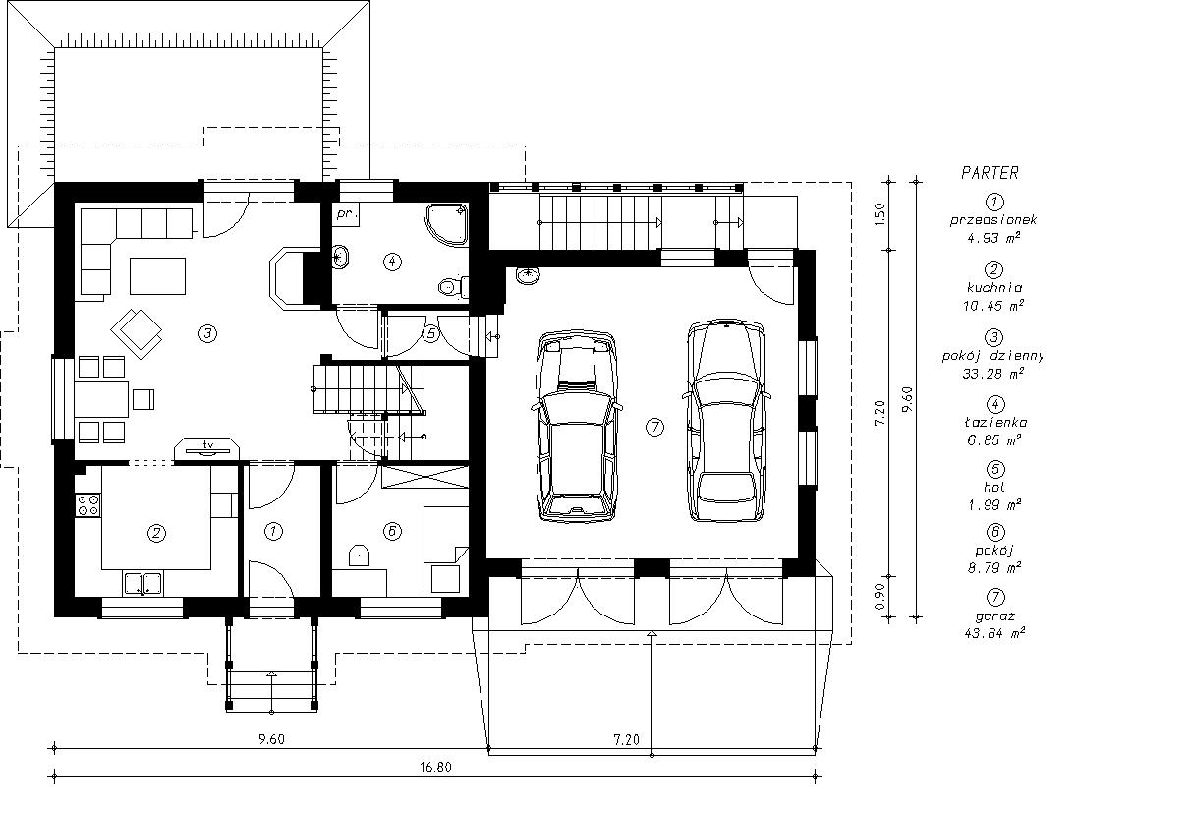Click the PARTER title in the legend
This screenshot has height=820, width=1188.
[990, 173]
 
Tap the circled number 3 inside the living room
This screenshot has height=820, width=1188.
[207, 334]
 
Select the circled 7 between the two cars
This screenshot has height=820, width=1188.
[655, 427]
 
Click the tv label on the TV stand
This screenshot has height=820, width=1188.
[208, 443]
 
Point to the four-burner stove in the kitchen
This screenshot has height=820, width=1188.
[88, 504]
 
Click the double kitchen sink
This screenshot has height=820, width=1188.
[143, 583]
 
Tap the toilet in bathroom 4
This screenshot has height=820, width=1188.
[453, 286]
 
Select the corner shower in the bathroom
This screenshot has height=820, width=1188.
[446, 224]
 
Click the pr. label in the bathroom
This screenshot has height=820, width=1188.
[348, 214]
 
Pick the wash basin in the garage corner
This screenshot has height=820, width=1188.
[528, 275]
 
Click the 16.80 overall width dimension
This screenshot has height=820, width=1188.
[435, 768]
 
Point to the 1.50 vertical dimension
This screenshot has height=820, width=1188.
[879, 214]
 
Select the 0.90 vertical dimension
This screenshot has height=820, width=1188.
[879, 597]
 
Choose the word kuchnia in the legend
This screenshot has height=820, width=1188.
[993, 288]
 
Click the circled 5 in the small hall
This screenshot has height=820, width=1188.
[430, 334]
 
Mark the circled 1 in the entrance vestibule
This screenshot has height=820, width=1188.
[274, 531]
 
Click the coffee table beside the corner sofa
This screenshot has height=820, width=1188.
[157, 276]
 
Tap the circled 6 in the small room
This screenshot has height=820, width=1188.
[392, 531]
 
